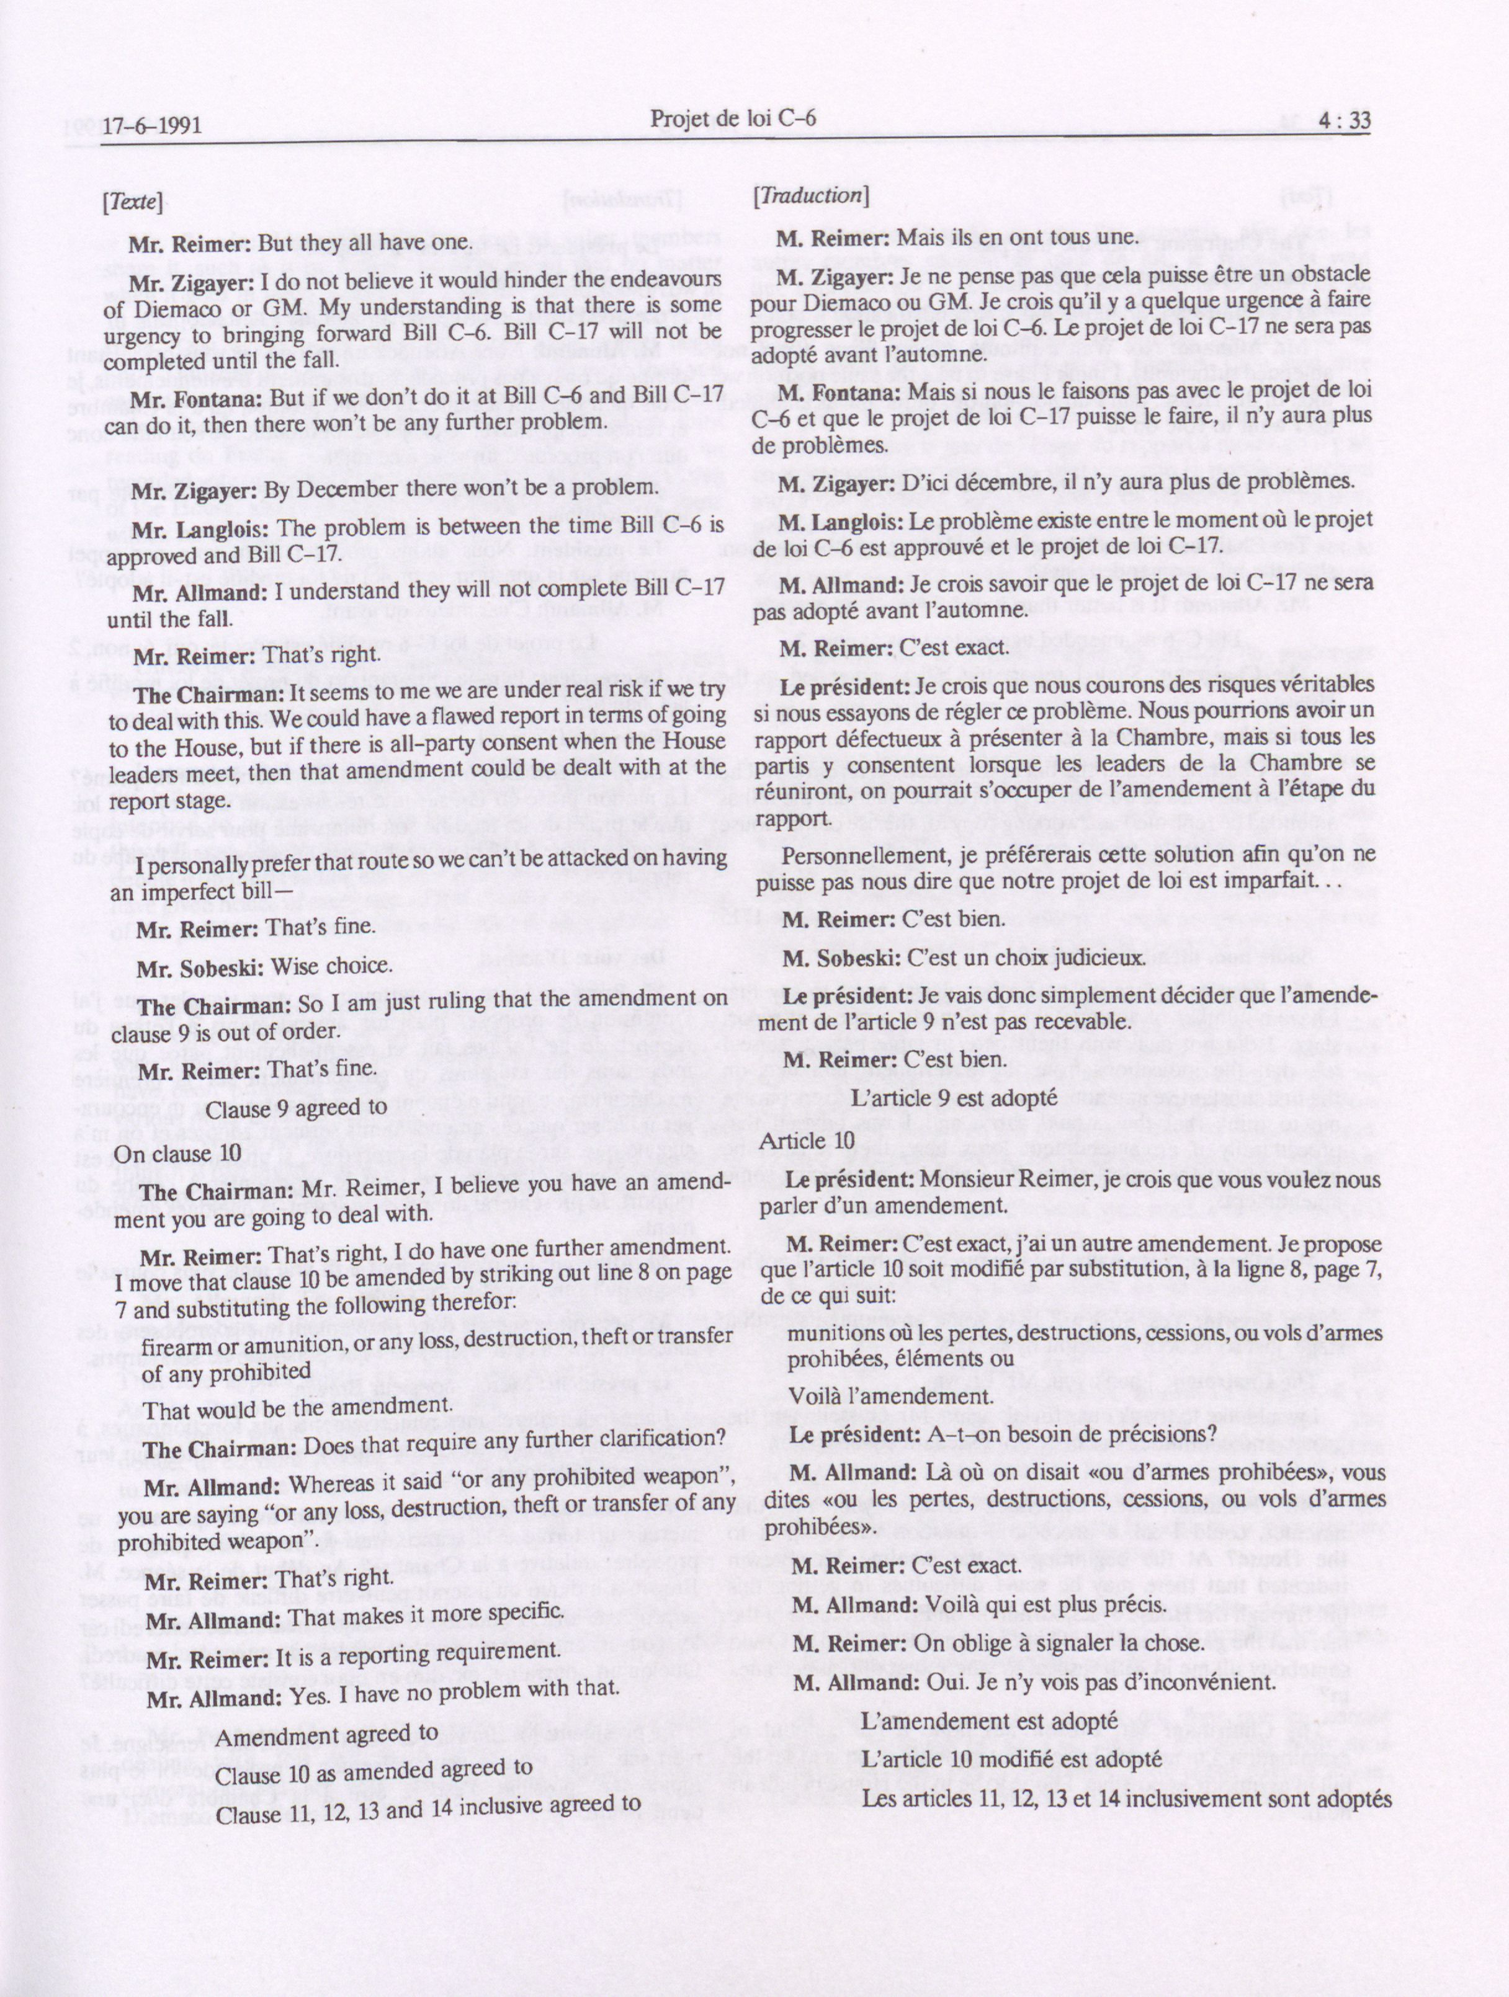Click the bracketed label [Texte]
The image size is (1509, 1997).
[x=133, y=203]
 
